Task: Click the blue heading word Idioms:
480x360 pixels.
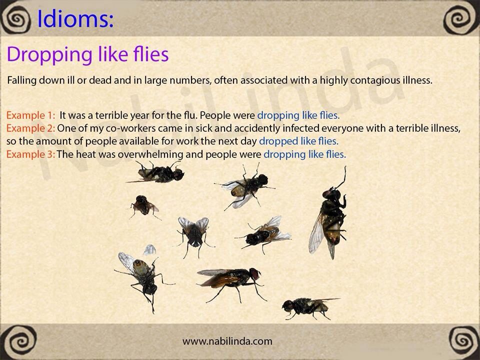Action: pyautogui.click(x=75, y=19)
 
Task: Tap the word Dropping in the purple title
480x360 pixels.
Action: pyautogui.click(x=49, y=55)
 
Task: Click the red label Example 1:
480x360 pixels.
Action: pyautogui.click(x=30, y=115)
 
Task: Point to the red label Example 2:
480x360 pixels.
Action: pyautogui.click(x=30, y=128)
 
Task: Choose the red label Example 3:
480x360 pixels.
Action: pyautogui.click(x=30, y=154)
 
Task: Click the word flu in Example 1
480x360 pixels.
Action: pyautogui.click(x=190, y=115)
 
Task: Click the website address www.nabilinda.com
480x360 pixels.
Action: pyautogui.click(x=227, y=341)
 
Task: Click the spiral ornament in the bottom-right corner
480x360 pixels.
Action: pyautogui.click(x=463, y=340)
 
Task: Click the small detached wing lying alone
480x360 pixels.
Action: pyautogui.click(x=149, y=250)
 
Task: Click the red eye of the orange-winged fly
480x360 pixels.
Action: pyautogui.click(x=254, y=273)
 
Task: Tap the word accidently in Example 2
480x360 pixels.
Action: pyautogui.click(x=248, y=128)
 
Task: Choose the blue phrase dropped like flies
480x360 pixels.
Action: pyautogui.click(x=299, y=141)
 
